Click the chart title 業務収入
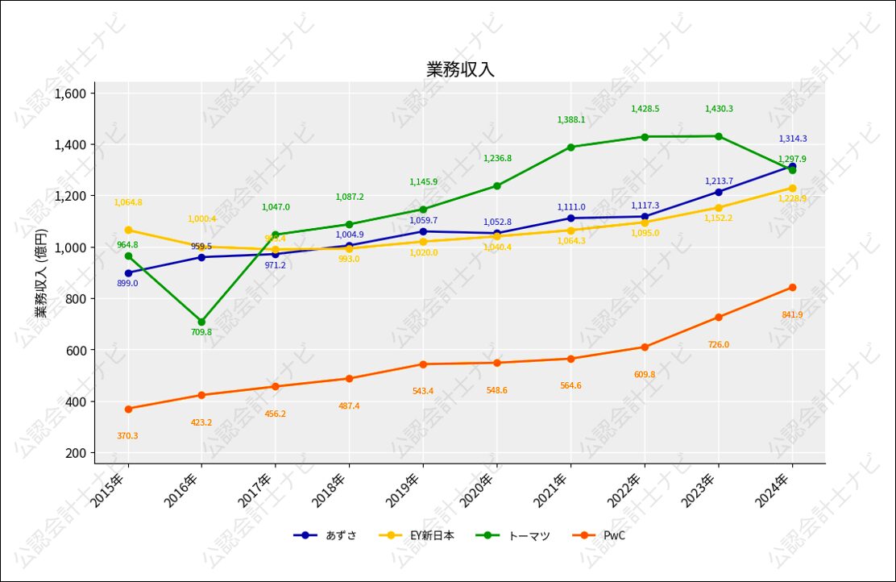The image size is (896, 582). coord(460,69)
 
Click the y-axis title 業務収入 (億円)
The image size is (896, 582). coord(41,272)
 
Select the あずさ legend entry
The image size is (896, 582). coord(326,535)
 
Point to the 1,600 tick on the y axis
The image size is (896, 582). coord(69,94)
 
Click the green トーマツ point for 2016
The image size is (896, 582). coord(201,322)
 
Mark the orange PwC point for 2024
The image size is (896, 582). coord(792,287)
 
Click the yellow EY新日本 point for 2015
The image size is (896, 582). coord(128,230)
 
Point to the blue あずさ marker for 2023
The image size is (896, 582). coord(718,192)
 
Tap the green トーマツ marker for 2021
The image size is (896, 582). coord(570,147)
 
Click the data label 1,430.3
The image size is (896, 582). coord(719,109)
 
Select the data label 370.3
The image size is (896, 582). coord(127,436)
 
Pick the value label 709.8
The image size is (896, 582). coord(201,332)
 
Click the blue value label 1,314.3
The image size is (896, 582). coord(792,139)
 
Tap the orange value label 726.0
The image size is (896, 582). coord(718,345)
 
